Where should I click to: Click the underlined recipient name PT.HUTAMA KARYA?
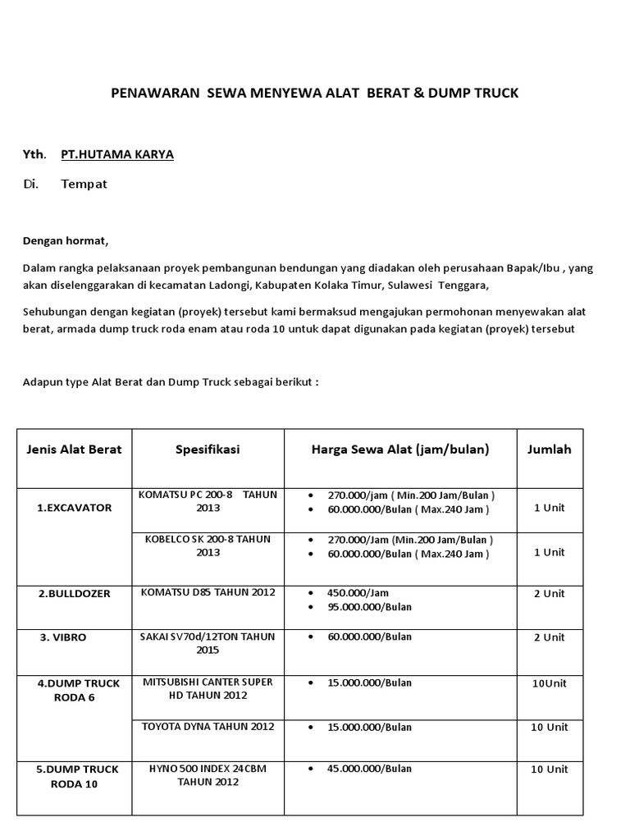coord(117,154)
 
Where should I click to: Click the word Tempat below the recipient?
coord(84,184)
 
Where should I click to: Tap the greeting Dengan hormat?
coord(65,241)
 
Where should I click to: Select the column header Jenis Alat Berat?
coord(74,450)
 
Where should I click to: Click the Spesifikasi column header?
coord(208,450)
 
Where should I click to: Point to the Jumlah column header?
coord(549,450)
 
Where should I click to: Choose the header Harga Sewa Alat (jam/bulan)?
coord(399,450)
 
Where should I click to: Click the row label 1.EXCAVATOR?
coord(74,508)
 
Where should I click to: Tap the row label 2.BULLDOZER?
coord(74,593)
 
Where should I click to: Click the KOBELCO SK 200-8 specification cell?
coord(208,546)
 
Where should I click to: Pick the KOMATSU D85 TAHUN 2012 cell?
coord(208,592)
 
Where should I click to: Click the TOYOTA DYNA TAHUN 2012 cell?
coord(208,727)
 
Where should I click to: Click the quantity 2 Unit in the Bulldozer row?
coord(549,593)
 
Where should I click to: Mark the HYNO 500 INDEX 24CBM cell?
coord(208,769)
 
